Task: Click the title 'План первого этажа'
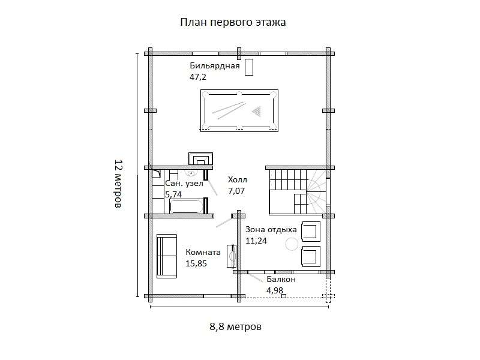pos(233,22)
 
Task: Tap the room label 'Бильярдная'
pos(215,66)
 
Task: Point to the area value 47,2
pos(198,77)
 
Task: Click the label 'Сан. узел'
pos(184,184)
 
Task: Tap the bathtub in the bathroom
pos(186,207)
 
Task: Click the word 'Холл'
pos(238,179)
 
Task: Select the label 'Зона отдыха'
pos(271,229)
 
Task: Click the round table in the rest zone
pos(292,244)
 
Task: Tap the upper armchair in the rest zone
pos(311,231)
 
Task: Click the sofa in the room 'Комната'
pos(167,256)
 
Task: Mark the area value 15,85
pos(196,263)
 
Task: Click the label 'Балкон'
pos(281,280)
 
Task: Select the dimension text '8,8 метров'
pos(235,327)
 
